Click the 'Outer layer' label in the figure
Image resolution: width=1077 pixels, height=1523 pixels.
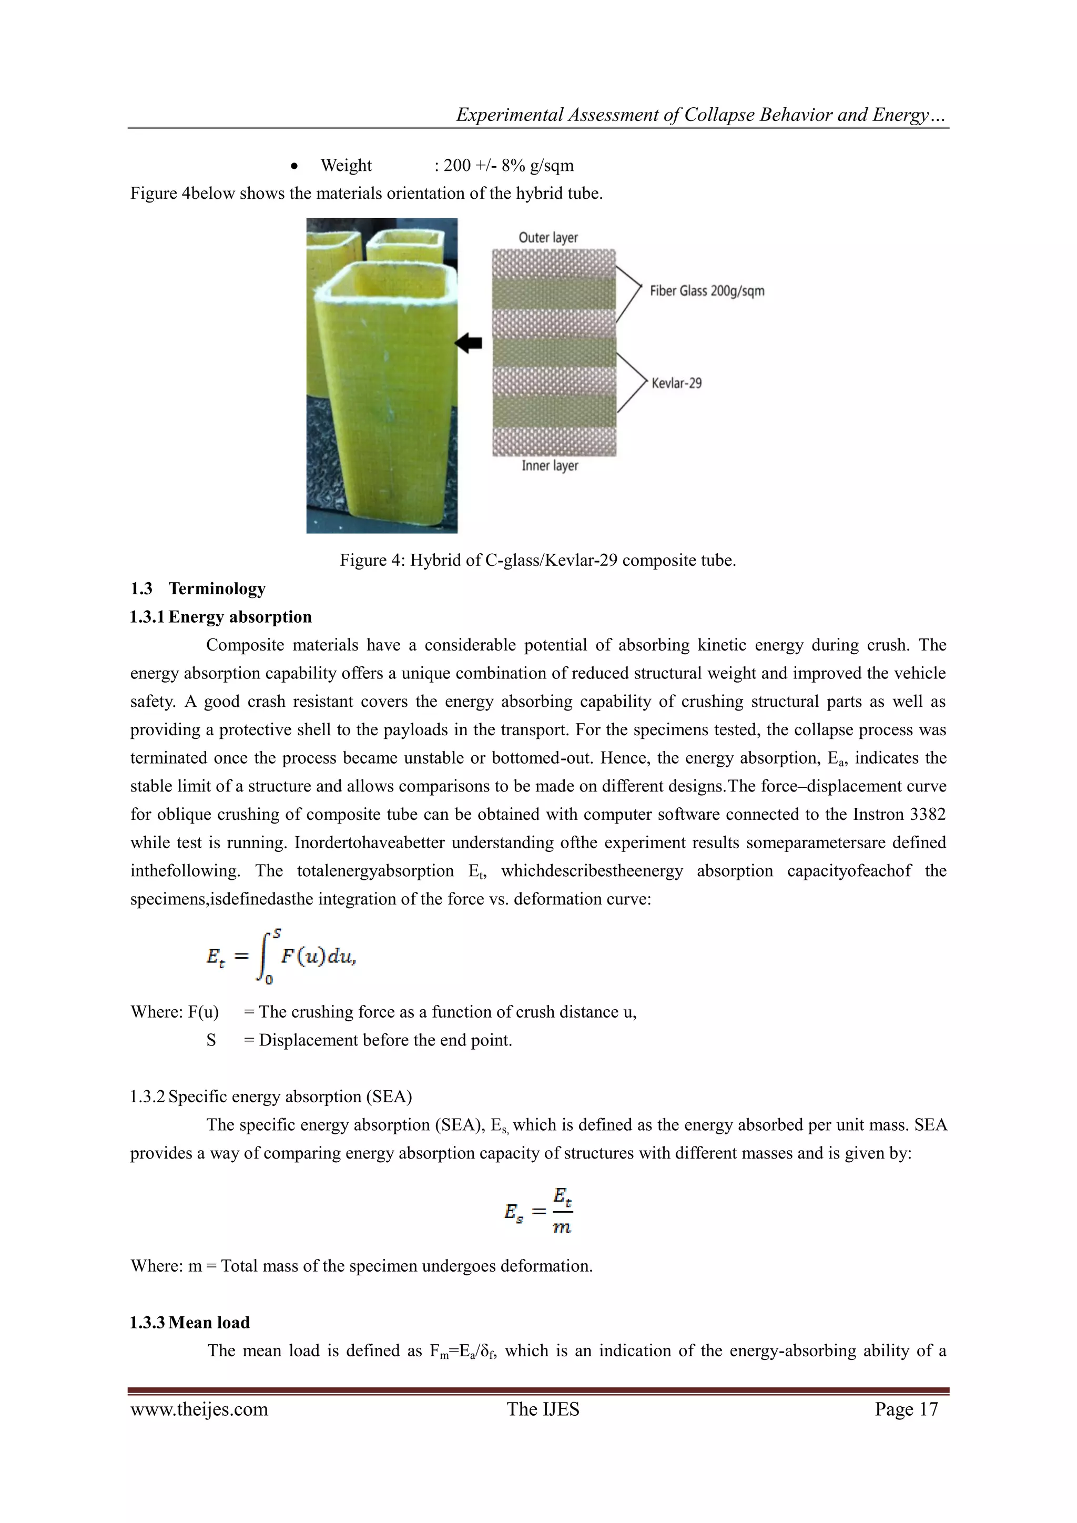pyautogui.click(x=548, y=238)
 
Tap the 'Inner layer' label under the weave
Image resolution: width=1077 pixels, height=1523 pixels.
pyautogui.click(x=550, y=465)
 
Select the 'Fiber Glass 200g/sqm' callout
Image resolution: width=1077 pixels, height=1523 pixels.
pyautogui.click(x=707, y=290)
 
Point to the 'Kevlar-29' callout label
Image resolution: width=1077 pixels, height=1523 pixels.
pyautogui.click(x=676, y=383)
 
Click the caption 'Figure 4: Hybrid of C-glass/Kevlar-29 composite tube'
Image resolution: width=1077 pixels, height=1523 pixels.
pyautogui.click(x=538, y=560)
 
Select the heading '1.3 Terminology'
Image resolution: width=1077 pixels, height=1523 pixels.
pyautogui.click(x=198, y=588)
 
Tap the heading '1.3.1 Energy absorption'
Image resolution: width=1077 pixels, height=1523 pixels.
pyautogui.click(x=221, y=617)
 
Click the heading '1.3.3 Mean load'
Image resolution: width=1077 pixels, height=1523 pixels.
pyautogui.click(x=190, y=1322)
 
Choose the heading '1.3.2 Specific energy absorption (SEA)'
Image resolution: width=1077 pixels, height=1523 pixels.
pyautogui.click(x=271, y=1096)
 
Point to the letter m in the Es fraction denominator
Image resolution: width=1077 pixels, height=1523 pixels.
pyautogui.click(x=562, y=1228)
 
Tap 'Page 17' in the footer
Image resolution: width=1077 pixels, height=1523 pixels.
pyautogui.click(x=906, y=1409)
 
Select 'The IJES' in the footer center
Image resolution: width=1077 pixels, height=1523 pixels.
pyautogui.click(x=543, y=1409)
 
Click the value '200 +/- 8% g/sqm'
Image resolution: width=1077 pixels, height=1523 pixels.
pyautogui.click(x=508, y=165)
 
